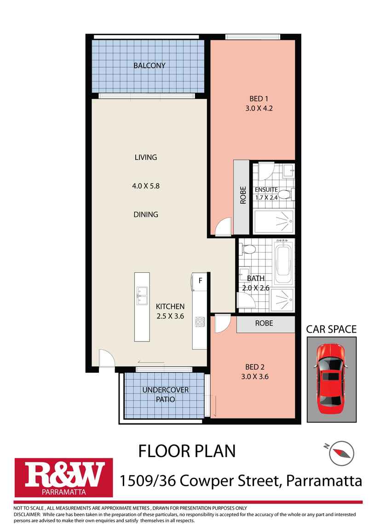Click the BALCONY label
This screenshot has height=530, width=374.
coord(149,65)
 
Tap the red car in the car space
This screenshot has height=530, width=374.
coord(331,379)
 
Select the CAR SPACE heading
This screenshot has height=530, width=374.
coord(331,329)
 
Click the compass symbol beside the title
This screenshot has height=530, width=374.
coord(341,452)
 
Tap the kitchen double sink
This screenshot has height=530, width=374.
coord(142,295)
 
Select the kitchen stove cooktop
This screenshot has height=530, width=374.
coord(200,321)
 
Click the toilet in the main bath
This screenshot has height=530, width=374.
coord(248,250)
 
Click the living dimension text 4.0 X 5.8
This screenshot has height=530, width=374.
coord(146,186)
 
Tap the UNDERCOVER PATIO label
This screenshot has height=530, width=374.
coord(165,395)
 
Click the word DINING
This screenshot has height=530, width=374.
coord(146,214)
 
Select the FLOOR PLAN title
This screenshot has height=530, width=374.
coord(187,451)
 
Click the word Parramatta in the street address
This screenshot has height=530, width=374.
coord(324,481)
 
